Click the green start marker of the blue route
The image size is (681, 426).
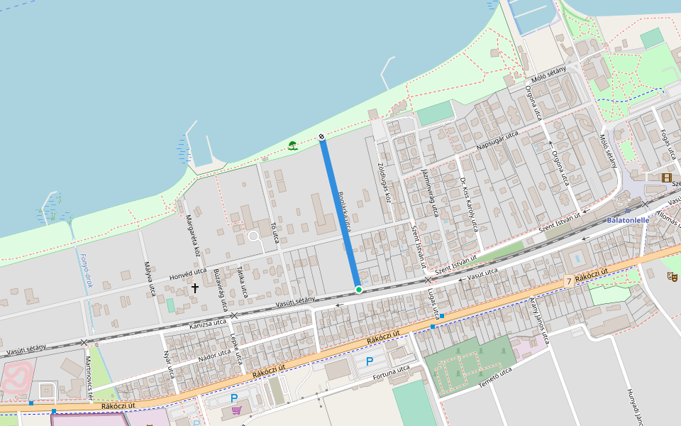(x=359, y=289)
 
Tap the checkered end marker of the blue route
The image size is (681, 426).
(x=321, y=136)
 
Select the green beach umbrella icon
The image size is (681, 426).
(x=292, y=146)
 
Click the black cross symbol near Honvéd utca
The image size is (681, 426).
(x=195, y=288)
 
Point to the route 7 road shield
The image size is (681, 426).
(x=569, y=282)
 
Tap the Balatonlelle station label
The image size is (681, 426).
(x=629, y=220)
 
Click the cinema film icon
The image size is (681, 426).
(x=666, y=177)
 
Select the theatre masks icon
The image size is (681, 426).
(x=672, y=277)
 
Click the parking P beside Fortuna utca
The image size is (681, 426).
(x=369, y=361)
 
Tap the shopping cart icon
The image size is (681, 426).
(x=236, y=410)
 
